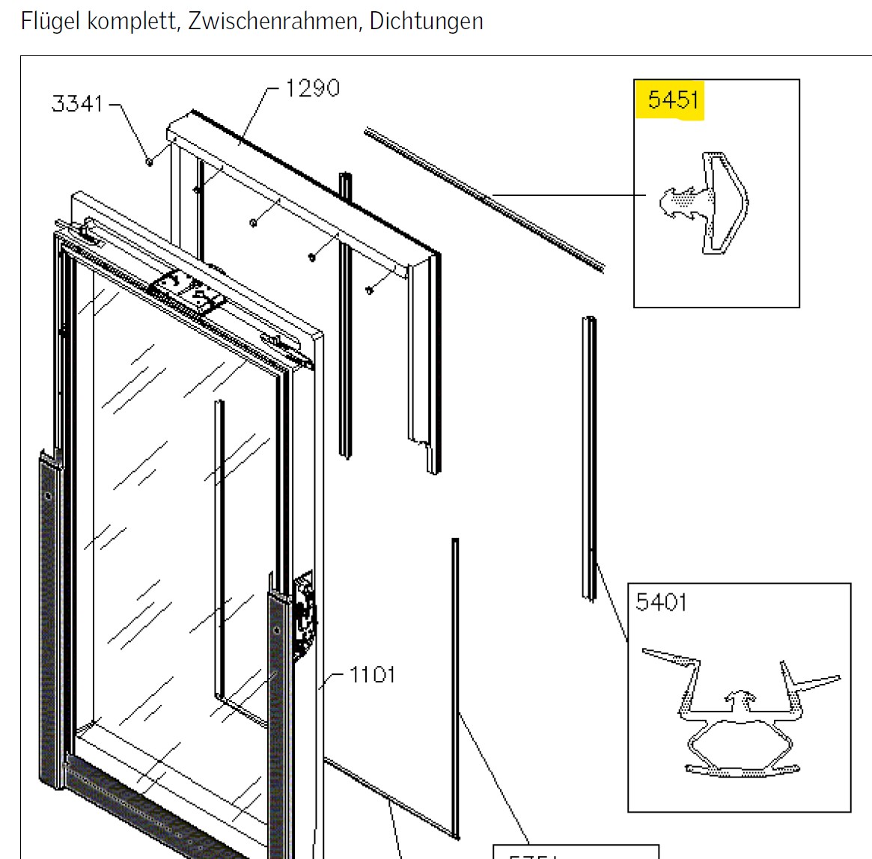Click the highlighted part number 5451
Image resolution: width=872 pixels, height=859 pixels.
tap(673, 100)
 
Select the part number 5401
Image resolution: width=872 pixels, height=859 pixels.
tap(661, 602)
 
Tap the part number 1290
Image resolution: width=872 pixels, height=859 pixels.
tap(312, 88)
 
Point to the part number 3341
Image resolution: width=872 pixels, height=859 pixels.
tap(77, 103)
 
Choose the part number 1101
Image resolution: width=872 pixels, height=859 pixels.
tap(372, 675)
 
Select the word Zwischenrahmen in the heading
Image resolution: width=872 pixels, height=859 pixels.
tap(273, 21)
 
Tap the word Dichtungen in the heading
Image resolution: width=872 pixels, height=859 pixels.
tap(427, 21)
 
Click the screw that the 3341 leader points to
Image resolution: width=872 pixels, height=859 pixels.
tap(150, 161)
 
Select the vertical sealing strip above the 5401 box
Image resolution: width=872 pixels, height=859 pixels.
tap(590, 456)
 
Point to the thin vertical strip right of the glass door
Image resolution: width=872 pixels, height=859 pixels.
tap(455, 673)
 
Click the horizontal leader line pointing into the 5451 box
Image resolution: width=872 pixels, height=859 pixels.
tap(569, 195)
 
